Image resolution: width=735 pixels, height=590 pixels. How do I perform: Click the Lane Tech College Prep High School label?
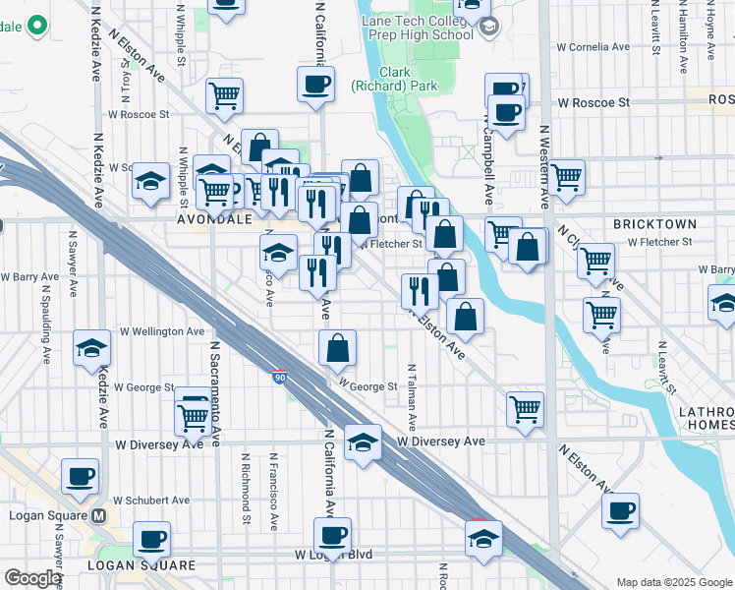[417, 27]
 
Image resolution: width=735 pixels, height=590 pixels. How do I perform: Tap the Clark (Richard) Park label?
[394, 80]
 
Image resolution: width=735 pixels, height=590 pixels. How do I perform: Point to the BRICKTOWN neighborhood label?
[654, 224]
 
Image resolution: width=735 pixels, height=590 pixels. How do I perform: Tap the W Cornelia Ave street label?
[594, 46]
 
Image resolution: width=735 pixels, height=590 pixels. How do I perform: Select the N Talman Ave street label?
[413, 407]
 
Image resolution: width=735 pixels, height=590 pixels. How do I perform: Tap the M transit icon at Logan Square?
[97, 515]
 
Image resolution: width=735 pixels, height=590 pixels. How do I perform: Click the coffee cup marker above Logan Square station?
[81, 477]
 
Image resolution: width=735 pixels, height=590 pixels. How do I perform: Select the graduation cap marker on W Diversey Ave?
[363, 443]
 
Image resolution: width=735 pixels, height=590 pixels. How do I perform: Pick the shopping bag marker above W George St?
[337, 348]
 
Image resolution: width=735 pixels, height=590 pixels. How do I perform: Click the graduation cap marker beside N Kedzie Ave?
[91, 349]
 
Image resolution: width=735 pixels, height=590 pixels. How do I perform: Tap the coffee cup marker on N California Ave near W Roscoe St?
[315, 85]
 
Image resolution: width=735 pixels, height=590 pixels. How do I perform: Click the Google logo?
[32, 578]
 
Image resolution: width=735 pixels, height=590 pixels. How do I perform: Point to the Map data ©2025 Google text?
[674, 582]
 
